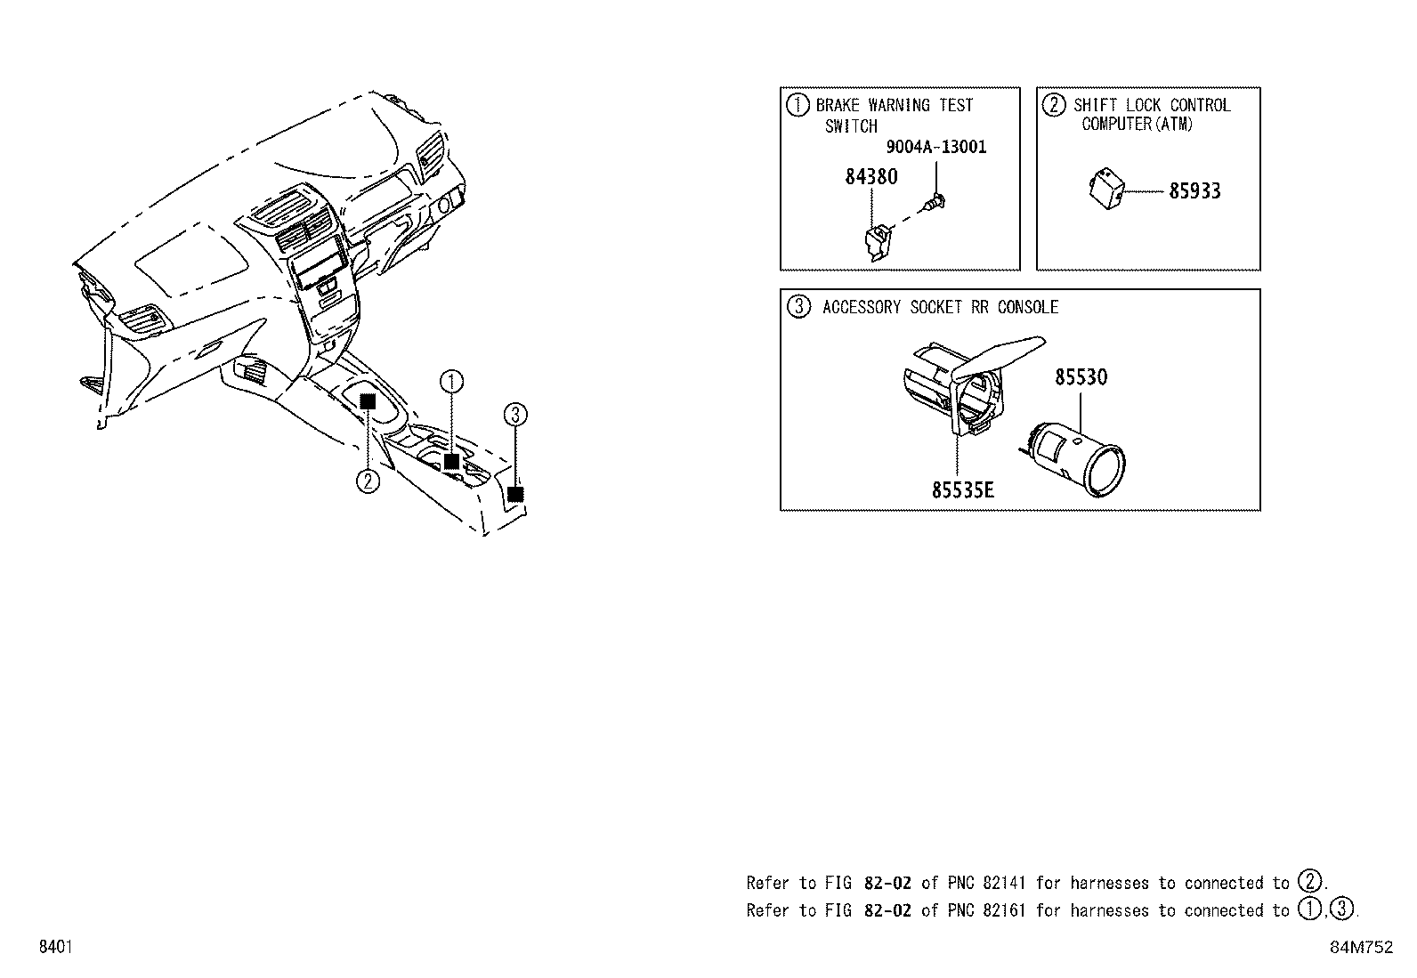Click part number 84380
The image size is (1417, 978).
click(x=870, y=177)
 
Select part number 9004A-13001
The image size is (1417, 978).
click(x=935, y=147)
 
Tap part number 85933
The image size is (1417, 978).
click(x=1194, y=191)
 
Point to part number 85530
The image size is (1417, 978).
click(x=1081, y=377)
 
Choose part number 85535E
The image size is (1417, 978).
click(x=962, y=490)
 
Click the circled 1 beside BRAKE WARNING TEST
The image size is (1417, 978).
click(x=798, y=105)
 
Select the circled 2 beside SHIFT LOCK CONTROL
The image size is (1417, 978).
click(x=1053, y=105)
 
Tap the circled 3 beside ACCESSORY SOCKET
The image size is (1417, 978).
click(x=798, y=307)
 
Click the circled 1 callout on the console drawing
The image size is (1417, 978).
click(x=451, y=383)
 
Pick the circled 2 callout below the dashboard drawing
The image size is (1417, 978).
click(x=368, y=481)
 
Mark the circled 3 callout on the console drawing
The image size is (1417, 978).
click(x=515, y=414)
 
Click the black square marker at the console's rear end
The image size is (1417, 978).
click(x=514, y=494)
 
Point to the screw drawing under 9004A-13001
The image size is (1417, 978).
click(x=935, y=204)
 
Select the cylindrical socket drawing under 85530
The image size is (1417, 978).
click(x=1076, y=454)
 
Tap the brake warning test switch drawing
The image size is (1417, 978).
click(x=877, y=242)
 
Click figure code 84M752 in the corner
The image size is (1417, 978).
click(x=1361, y=948)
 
